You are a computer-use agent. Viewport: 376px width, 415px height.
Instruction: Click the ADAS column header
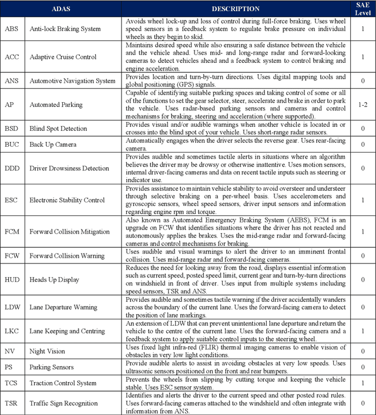[x=62, y=9]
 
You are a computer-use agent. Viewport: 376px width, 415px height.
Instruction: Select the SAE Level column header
[x=362, y=9]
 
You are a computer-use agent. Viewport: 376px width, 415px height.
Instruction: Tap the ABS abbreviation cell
[x=11, y=28]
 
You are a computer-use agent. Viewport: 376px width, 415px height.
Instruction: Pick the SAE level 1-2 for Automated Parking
[x=362, y=104]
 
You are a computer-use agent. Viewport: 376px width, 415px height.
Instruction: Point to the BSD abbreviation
[x=11, y=129]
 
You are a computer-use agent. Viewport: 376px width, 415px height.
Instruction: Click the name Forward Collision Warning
[x=68, y=256]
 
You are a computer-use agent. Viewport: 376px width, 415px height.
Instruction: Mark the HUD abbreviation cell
[x=12, y=280]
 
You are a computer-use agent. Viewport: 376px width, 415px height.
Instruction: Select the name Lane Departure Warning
[x=63, y=308]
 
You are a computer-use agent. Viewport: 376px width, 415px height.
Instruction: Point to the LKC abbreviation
[x=12, y=332]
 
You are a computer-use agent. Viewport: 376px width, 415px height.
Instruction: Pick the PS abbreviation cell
[x=9, y=367]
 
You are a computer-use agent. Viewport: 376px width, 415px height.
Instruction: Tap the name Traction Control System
[x=63, y=383]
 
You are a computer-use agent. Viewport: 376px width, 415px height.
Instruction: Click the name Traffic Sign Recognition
[x=63, y=403]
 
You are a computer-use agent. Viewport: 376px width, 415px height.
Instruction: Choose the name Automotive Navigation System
[x=72, y=80]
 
